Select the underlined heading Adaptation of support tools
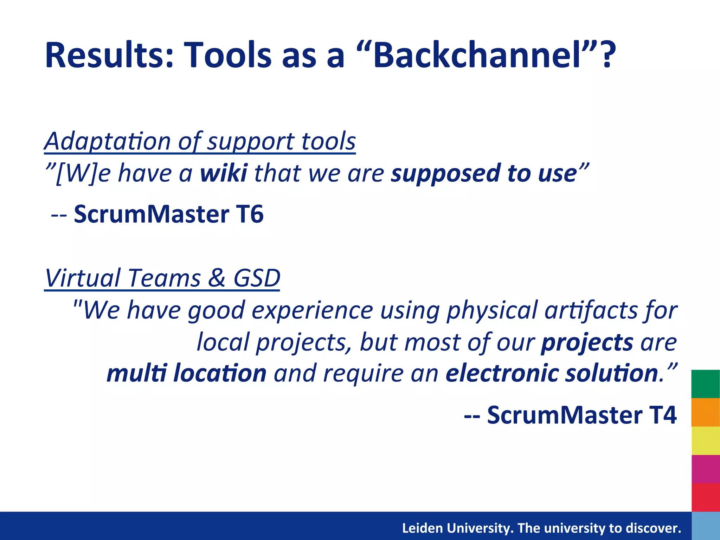pos(200,141)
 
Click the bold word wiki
pos(224,173)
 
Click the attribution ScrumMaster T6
pos(168,214)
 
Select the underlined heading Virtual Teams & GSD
pos(162,278)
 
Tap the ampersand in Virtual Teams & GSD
pos(217,278)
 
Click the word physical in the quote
pos(492,311)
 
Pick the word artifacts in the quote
pos(591,311)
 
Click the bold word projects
pos(587,342)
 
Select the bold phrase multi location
pos(186,373)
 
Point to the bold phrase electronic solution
pos(552,373)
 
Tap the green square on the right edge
pos(706,384)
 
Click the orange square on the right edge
pos(706,412)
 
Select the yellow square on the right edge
pos(706,441)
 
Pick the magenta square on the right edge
pos(706,469)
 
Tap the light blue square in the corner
pos(706,526)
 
